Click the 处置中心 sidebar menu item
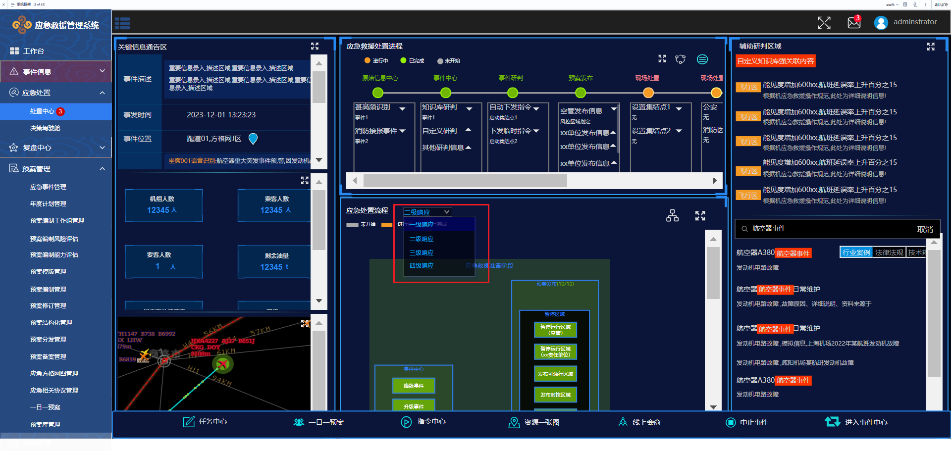click(x=43, y=111)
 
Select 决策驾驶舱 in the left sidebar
click(x=45, y=128)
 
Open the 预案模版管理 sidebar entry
click(x=48, y=272)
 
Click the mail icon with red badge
click(x=854, y=22)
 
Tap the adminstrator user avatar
click(x=881, y=23)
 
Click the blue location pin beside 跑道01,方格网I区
click(x=253, y=139)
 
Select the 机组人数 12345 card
click(x=163, y=205)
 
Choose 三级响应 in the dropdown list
click(x=422, y=253)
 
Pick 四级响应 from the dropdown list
click(x=422, y=266)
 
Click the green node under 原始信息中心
click(x=378, y=93)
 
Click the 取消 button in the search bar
click(x=925, y=229)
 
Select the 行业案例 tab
click(x=856, y=252)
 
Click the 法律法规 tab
click(x=889, y=252)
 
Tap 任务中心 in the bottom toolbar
click(x=205, y=422)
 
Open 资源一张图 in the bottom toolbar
click(x=534, y=422)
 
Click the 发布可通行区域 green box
click(x=555, y=374)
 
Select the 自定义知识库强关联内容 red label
click(x=775, y=61)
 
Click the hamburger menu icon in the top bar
click(x=122, y=23)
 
